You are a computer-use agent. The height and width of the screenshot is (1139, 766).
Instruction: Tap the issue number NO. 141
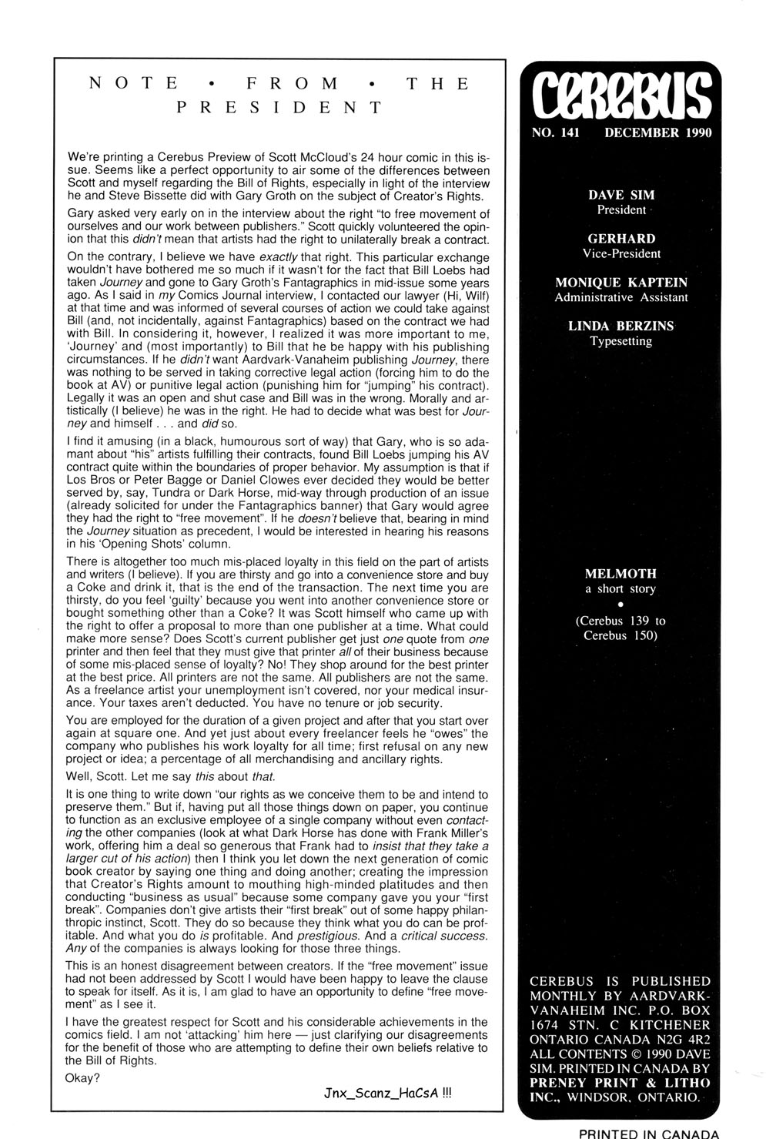[555, 132]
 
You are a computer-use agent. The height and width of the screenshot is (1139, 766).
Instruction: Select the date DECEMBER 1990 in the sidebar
[658, 132]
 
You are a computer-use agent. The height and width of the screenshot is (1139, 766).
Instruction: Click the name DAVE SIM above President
[621, 196]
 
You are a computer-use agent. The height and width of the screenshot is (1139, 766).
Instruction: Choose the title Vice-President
[621, 253]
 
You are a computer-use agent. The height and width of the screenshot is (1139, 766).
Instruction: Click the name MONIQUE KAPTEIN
[621, 283]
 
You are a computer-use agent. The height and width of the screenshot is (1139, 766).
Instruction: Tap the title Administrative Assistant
[621, 297]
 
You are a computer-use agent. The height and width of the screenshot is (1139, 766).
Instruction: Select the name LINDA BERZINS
[621, 326]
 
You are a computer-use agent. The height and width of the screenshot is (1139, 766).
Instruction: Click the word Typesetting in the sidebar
[621, 340]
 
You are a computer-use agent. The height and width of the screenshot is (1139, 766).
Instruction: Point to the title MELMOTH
[621, 575]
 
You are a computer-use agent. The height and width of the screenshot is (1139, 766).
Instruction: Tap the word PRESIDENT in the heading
[279, 107]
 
